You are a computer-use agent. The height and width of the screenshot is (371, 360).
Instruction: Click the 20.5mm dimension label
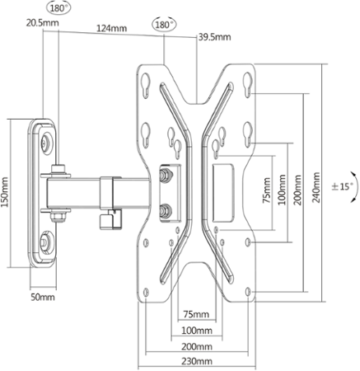[x=43, y=22]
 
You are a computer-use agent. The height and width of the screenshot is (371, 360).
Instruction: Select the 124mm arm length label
[x=111, y=28]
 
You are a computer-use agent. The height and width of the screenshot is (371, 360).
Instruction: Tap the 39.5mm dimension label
[x=215, y=37]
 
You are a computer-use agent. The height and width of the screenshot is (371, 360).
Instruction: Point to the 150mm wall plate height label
[x=5, y=192]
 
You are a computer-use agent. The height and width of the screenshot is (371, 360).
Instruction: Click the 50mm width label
[x=43, y=297]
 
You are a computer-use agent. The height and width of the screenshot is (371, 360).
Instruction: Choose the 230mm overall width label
[x=197, y=361]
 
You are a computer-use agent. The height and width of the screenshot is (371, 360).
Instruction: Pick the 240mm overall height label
[x=316, y=187]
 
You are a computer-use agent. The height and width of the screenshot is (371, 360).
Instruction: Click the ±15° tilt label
[x=342, y=187]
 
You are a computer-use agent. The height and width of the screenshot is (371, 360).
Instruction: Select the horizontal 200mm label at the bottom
[x=197, y=346]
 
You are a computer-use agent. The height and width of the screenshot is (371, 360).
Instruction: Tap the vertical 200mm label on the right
[x=297, y=190]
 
